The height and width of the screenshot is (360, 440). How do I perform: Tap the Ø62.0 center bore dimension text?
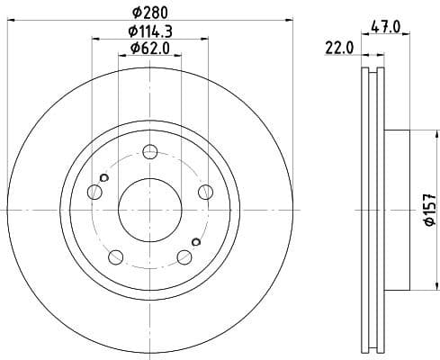pyautogui.click(x=150, y=49)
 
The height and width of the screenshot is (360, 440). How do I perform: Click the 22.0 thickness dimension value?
pyautogui.click(x=339, y=49)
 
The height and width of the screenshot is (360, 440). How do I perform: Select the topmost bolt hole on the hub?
pyautogui.click(x=150, y=151)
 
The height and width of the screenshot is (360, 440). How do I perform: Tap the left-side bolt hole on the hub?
pyautogui.click(x=94, y=191)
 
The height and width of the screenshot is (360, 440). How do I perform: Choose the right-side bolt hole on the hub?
pyautogui.click(x=205, y=191)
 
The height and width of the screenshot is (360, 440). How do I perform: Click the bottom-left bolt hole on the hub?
pyautogui.click(x=115, y=257)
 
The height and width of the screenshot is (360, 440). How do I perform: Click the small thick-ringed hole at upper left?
pyautogui.click(x=104, y=177)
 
